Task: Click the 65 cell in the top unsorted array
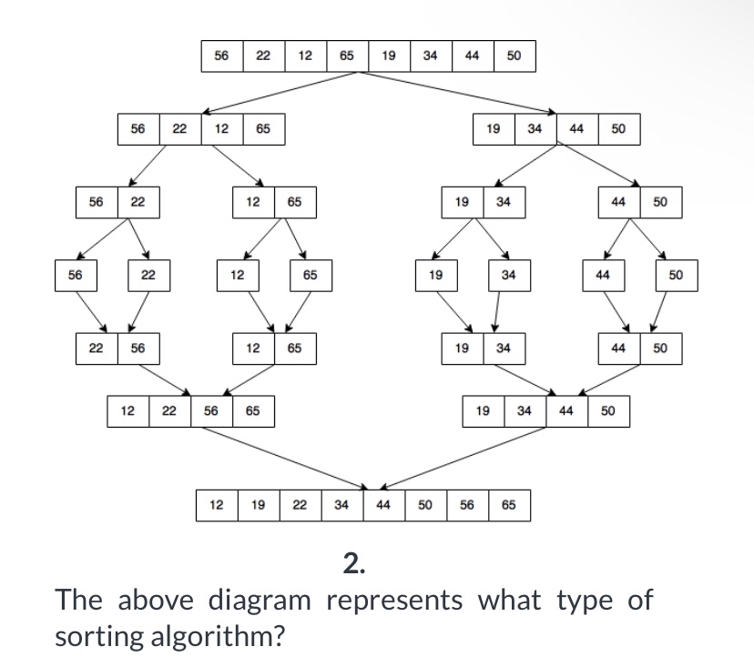(x=347, y=56)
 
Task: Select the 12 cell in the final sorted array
(x=217, y=503)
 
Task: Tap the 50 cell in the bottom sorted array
(x=425, y=503)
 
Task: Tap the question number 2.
(x=354, y=565)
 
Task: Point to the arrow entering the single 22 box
(x=141, y=240)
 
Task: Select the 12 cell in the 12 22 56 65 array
(x=128, y=411)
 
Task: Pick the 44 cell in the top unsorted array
(x=472, y=56)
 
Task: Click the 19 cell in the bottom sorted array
(x=259, y=503)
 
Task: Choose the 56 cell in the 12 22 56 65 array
(x=211, y=411)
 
